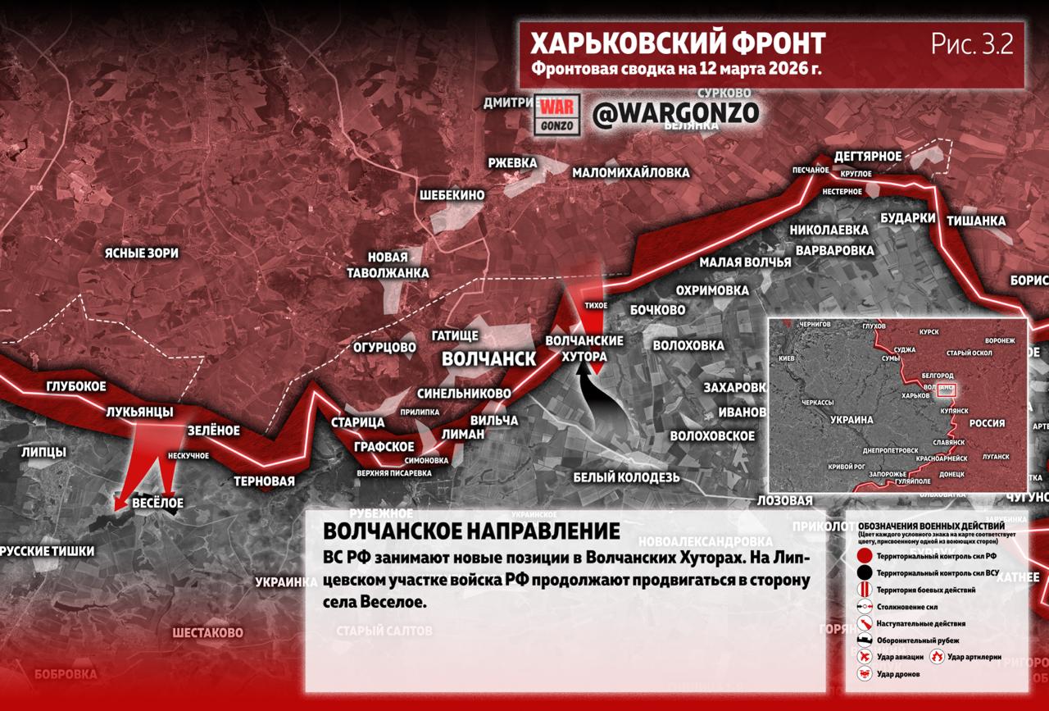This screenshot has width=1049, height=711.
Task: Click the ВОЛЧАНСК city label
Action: [x=488, y=359]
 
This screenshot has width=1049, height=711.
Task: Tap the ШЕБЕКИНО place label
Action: [x=452, y=195]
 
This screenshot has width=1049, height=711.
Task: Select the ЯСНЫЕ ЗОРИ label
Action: [x=141, y=253]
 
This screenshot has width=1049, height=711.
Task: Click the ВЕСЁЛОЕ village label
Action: [x=157, y=503]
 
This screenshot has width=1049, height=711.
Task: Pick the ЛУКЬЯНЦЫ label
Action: [x=139, y=411]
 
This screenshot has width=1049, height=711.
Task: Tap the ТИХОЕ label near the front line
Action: [x=596, y=305]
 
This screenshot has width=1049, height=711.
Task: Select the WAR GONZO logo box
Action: [x=558, y=114]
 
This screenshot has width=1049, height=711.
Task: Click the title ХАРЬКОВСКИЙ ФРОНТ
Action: [x=678, y=43]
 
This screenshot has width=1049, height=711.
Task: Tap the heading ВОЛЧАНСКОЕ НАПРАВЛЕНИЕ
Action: [x=471, y=531]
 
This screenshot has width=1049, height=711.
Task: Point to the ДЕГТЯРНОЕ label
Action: [x=868, y=157]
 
